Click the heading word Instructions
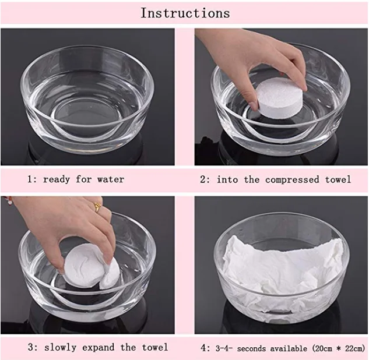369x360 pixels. (185, 13)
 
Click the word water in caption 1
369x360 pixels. (111, 179)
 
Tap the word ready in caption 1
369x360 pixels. (57, 180)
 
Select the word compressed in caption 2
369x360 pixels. (292, 180)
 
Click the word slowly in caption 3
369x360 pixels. (60, 348)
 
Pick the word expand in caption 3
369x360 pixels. (99, 348)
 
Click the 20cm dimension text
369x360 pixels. (322, 348)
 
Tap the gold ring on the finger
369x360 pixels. (97, 207)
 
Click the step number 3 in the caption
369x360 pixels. (31, 348)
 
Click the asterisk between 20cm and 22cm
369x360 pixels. (339, 348)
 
